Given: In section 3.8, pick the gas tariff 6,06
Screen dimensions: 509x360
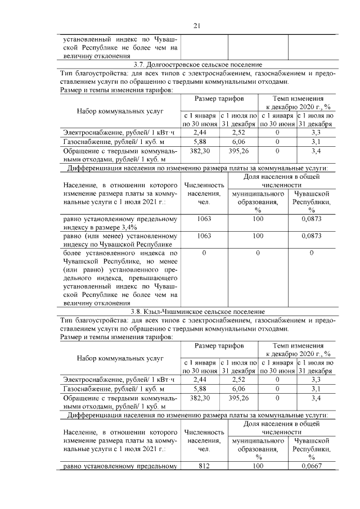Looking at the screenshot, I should [239, 389].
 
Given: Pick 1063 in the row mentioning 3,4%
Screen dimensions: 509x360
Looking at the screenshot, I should [204, 219].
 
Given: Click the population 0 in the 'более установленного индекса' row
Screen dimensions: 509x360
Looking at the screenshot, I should [204, 254].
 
